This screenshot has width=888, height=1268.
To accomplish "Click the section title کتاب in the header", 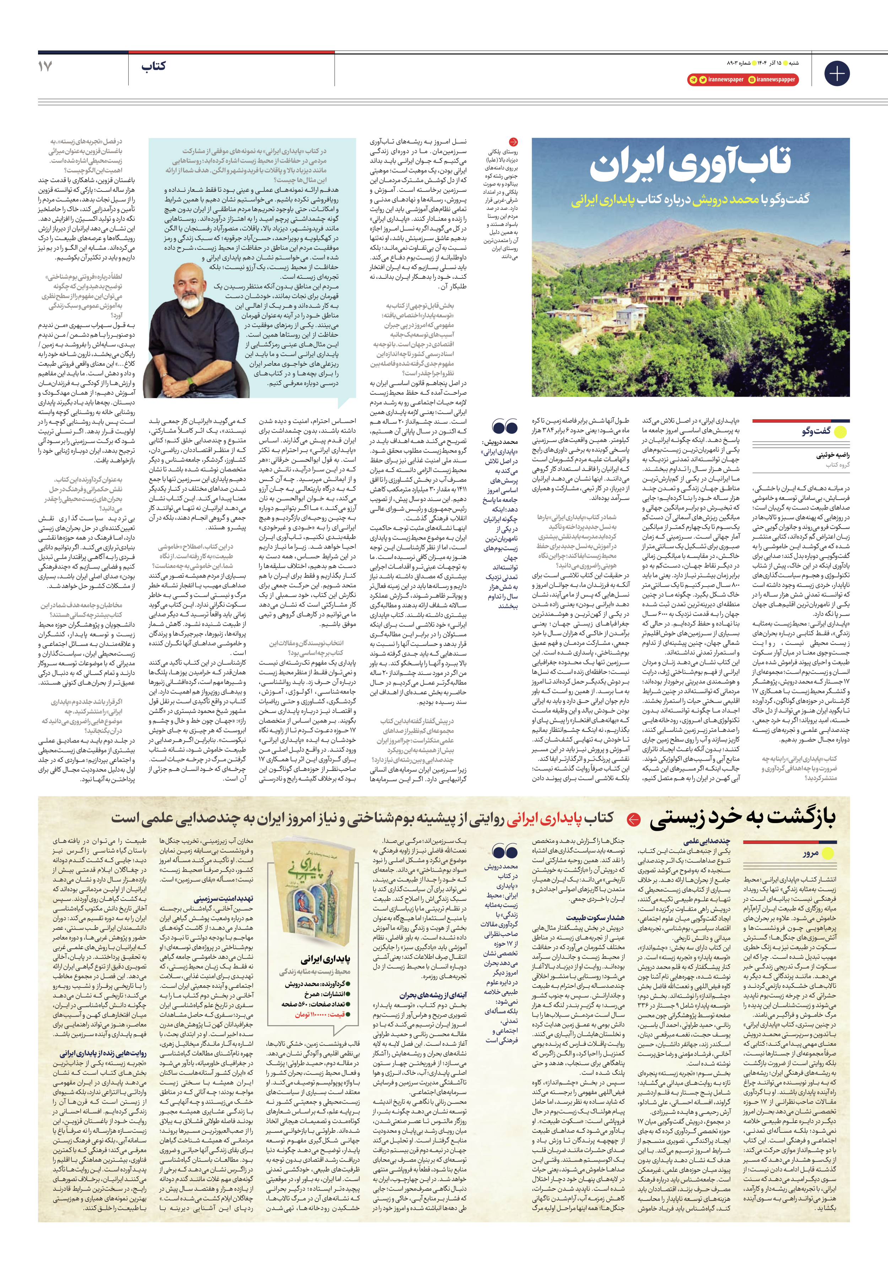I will [153, 67].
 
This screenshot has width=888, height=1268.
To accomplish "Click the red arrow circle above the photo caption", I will [513, 142].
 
